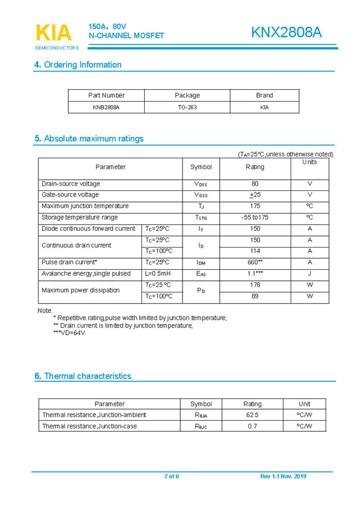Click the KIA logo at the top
(54, 33)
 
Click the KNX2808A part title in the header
(286, 33)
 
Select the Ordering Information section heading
(78, 65)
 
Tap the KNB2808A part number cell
(106, 107)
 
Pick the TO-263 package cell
(187, 107)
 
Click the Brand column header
(264, 95)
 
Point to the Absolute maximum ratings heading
(89, 139)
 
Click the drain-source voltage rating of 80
(255, 184)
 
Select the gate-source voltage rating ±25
(255, 195)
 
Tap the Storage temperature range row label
(80, 218)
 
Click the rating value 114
(255, 251)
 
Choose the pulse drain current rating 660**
(255, 262)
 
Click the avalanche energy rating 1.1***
(255, 274)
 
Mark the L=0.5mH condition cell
(158, 274)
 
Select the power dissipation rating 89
(255, 296)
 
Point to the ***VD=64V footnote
(70, 333)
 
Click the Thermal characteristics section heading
(83, 376)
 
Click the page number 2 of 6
(171, 476)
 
